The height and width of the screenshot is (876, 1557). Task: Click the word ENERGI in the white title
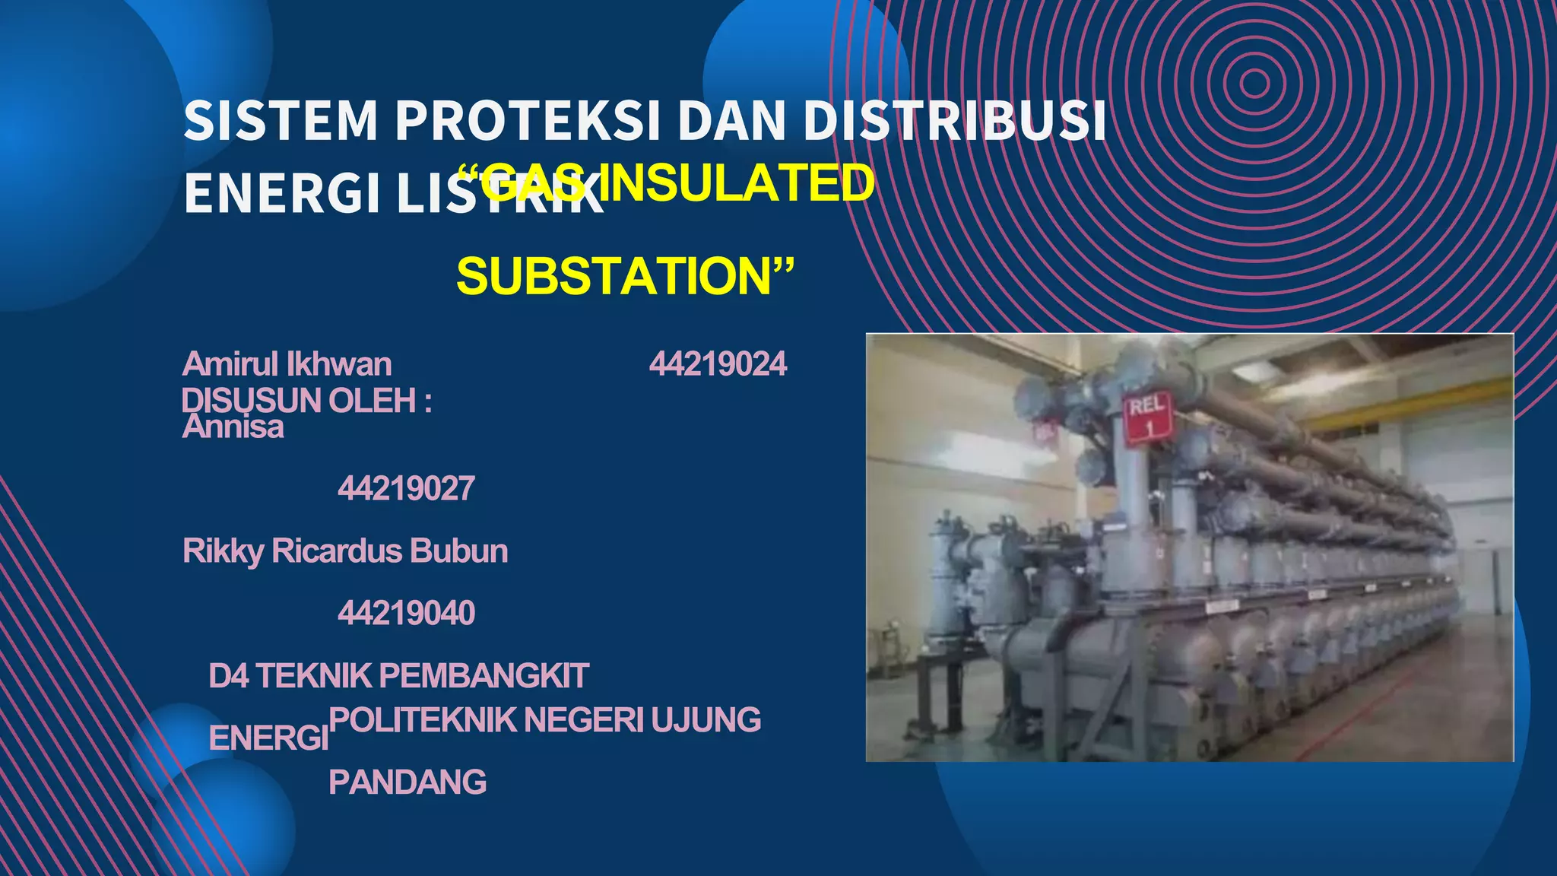pos(282,194)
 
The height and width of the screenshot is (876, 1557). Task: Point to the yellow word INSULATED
pos(741,183)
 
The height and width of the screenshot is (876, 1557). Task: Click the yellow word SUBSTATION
pos(614,276)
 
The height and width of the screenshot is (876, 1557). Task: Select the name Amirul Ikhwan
pos(287,364)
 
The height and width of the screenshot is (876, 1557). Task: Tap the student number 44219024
pos(718,364)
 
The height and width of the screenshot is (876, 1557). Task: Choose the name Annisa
pos(233,427)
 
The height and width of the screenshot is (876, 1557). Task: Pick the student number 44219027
pos(406,488)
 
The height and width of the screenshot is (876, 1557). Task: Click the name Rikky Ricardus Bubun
pos(345,551)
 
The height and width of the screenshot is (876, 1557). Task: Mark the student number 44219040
pos(406,613)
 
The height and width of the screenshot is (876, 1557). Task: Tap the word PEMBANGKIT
pos(484,676)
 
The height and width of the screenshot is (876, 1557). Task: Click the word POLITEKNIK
pos(422,720)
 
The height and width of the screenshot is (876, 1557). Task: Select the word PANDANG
pos(407,782)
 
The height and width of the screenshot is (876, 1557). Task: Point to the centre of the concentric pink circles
pos(1254,83)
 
